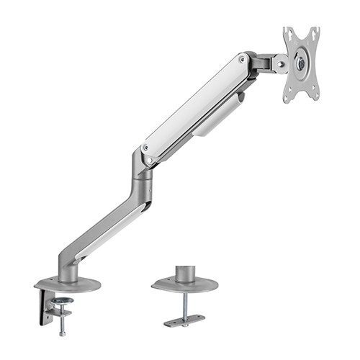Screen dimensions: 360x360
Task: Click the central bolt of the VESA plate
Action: pos(301,63)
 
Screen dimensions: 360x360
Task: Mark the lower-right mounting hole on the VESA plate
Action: pos(314,93)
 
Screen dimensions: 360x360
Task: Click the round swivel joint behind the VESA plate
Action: pos(278,63)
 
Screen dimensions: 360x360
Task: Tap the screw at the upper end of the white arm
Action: pos(242,59)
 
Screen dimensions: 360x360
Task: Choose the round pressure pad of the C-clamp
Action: pos(63,300)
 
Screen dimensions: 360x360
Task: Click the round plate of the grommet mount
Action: pos(185,285)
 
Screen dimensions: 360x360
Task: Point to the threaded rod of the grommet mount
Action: pos(185,302)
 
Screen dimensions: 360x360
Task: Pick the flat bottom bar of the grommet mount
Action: pos(184,320)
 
